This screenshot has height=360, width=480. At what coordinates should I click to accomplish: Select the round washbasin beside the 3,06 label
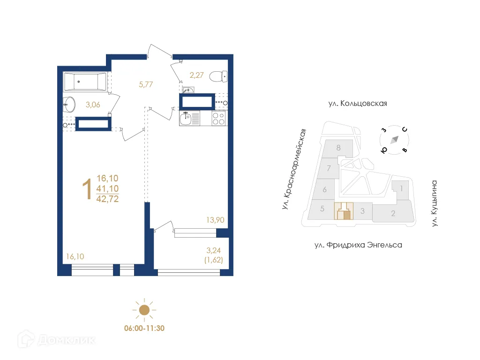69,104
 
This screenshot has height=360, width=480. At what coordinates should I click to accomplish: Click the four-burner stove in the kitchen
218,119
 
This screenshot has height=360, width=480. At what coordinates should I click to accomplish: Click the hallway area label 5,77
146,84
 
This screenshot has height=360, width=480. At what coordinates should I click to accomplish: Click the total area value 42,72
107,198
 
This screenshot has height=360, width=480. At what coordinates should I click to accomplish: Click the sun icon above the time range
144,309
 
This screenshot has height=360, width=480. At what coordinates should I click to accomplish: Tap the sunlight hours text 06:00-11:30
144,328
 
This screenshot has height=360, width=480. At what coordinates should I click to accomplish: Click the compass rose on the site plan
394,139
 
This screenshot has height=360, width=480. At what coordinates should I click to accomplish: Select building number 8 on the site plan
338,148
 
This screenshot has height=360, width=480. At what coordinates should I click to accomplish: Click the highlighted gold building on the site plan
343,211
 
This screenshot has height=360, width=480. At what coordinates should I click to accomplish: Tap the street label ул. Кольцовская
358,104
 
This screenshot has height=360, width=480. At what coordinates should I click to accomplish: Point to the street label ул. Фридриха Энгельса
358,245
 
